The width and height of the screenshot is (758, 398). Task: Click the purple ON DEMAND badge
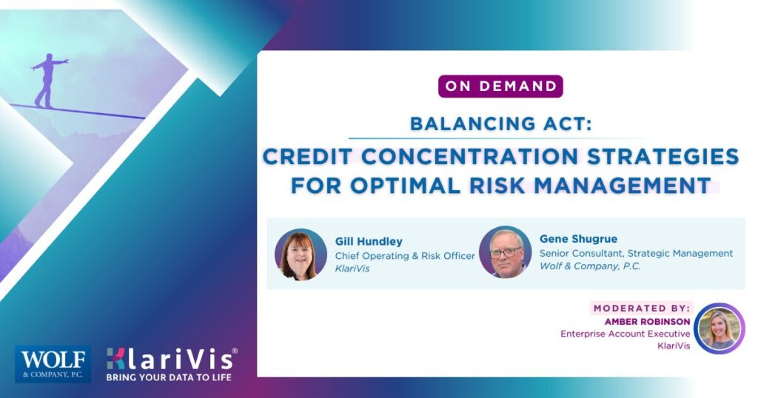click(500, 86)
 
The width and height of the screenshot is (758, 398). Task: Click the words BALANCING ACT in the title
click(500, 123)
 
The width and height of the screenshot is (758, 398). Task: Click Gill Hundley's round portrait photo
click(301, 254)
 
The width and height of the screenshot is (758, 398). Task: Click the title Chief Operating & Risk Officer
click(405, 255)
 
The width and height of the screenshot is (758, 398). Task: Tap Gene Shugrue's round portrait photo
click(506, 252)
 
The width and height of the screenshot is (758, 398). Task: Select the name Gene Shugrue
click(578, 239)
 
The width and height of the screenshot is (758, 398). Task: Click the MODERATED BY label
click(641, 308)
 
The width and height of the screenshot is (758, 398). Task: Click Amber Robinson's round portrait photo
click(720, 328)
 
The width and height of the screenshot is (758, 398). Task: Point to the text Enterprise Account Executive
click(625, 334)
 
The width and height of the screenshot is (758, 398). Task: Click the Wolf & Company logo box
click(53, 364)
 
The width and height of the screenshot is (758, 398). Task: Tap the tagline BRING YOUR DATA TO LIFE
click(169, 377)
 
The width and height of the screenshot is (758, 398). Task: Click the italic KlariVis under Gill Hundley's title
click(352, 269)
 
